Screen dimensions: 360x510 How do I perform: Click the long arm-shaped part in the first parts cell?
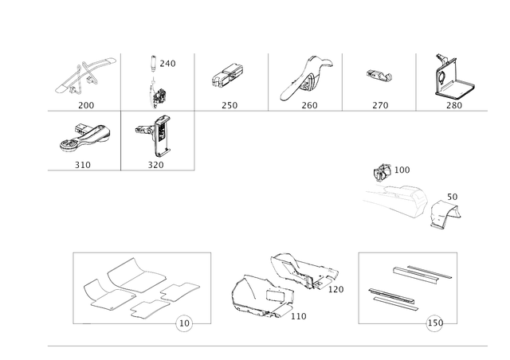[x=84, y=75]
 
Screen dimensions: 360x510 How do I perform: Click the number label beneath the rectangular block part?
[x=230, y=104]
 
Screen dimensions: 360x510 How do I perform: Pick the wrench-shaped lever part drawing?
[x=302, y=78]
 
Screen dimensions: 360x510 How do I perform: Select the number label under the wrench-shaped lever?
[x=310, y=104]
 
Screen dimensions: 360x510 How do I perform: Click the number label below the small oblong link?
[x=379, y=104]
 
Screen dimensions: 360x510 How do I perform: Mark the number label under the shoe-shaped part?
[x=82, y=165]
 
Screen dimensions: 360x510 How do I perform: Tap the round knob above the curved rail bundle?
[x=385, y=170]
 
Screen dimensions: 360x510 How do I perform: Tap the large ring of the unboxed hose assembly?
[x=252, y=295]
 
